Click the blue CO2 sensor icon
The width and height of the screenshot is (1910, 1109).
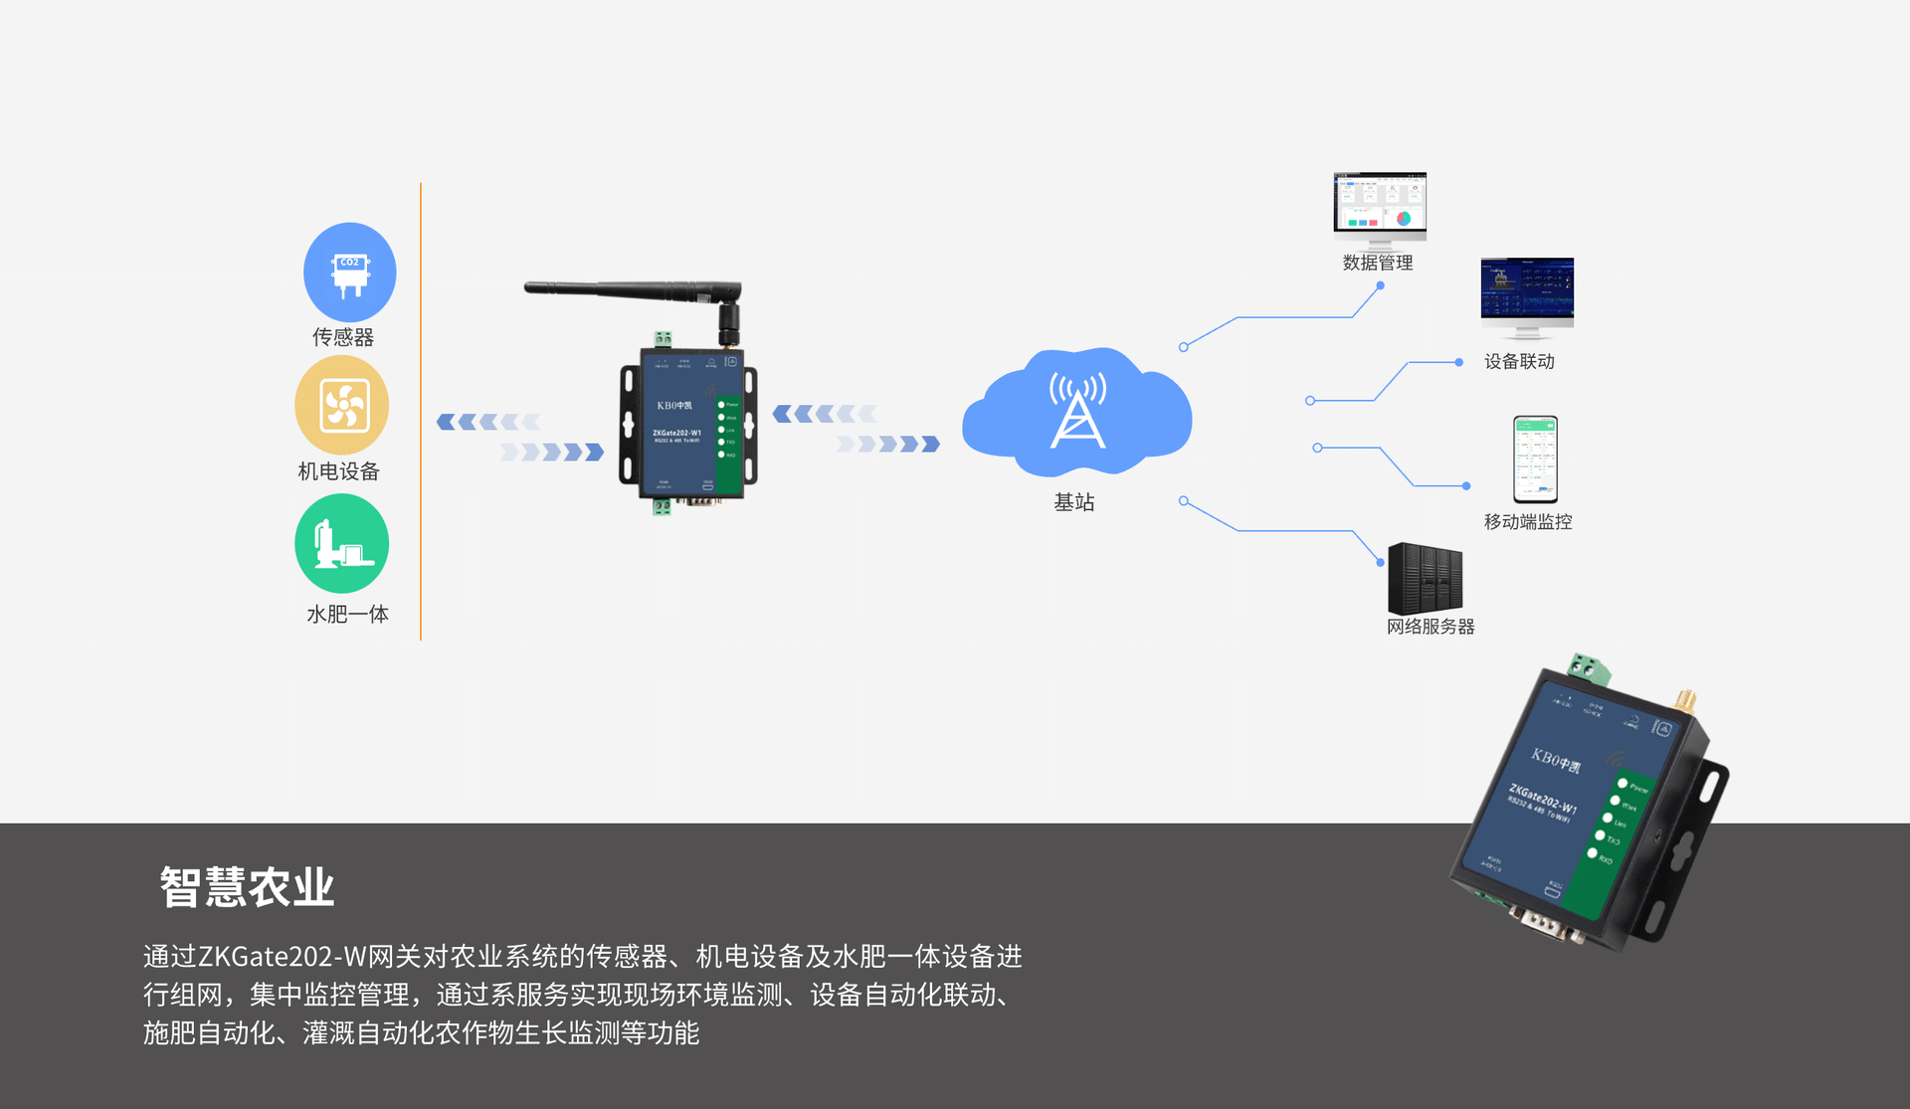[349, 272]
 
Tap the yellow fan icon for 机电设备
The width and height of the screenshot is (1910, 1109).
[342, 406]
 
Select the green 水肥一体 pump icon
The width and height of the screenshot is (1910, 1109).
[341, 544]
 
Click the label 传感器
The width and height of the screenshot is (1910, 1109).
[343, 337]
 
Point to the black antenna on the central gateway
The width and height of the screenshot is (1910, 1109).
[637, 289]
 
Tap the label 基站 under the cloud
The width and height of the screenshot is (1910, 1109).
[1074, 502]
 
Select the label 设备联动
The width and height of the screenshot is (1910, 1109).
[1519, 362]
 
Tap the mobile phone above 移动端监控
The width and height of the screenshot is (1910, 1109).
[1535, 460]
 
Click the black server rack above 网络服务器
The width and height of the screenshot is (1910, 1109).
[1425, 578]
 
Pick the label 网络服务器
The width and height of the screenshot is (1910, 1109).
[1431, 627]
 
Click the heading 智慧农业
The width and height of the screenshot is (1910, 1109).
[247, 886]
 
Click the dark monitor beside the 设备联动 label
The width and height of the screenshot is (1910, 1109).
[1527, 290]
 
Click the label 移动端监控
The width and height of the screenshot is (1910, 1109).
[1528, 522]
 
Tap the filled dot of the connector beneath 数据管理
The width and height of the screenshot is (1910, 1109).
[1380, 285]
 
